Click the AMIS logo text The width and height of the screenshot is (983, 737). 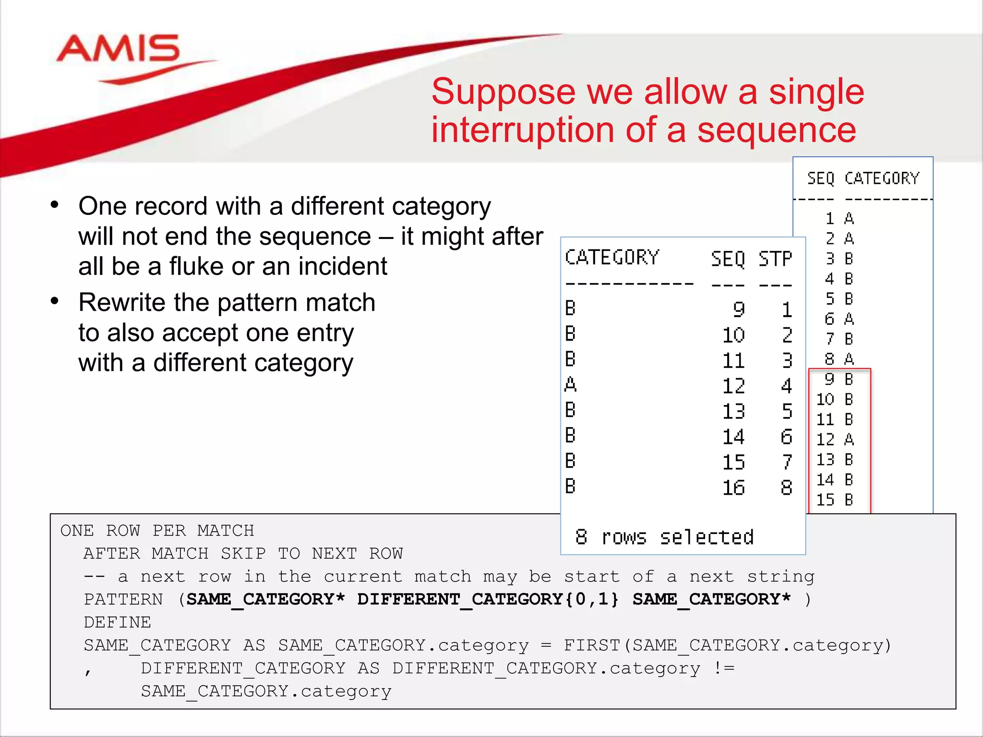pyautogui.click(x=118, y=49)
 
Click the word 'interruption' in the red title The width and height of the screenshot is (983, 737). pyautogui.click(x=523, y=130)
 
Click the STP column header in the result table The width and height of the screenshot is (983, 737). pyautogui.click(x=775, y=259)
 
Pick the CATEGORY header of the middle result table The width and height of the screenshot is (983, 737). pyautogui.click(x=612, y=258)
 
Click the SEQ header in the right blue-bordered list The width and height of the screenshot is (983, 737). pyautogui.click(x=821, y=178)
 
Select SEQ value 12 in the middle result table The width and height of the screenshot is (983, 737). pyautogui.click(x=733, y=386)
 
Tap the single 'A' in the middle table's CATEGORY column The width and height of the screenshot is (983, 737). pyautogui.click(x=570, y=384)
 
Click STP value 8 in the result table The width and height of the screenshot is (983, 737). pyautogui.click(x=786, y=487)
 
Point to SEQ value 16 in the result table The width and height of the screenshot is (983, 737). pyautogui.click(x=733, y=487)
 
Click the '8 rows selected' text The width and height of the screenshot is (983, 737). pyautogui.click(x=664, y=537)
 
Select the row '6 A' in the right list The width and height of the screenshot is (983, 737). pyautogui.click(x=839, y=319)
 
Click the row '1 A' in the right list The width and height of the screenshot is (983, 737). pyautogui.click(x=839, y=219)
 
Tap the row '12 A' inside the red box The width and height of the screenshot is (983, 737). pyautogui.click(x=835, y=439)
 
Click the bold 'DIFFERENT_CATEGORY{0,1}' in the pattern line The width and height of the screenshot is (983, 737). pyautogui.click(x=488, y=599)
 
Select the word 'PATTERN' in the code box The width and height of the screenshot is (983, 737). pyautogui.click(x=123, y=599)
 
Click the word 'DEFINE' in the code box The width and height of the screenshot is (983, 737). pyautogui.click(x=117, y=622)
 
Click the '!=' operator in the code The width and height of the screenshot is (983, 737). pyautogui.click(x=724, y=668)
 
